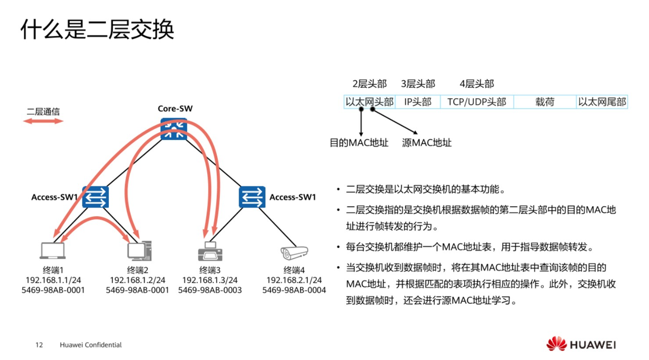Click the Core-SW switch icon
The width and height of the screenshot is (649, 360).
click(174, 130)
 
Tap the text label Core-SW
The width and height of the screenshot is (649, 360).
click(175, 109)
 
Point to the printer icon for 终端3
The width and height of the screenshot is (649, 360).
click(210, 251)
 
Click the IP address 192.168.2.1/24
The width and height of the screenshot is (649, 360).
click(294, 280)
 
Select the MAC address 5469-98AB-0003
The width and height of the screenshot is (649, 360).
click(210, 290)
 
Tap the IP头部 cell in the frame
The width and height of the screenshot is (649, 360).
click(418, 102)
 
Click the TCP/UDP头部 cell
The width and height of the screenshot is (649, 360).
click(476, 102)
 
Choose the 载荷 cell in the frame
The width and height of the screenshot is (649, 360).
click(545, 102)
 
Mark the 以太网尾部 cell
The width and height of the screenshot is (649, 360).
click(602, 102)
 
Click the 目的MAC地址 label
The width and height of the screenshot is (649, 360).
click(359, 143)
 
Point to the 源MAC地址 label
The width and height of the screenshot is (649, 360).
click(427, 143)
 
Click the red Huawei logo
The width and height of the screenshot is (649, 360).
click(556, 344)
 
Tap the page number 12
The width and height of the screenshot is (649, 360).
click(39, 345)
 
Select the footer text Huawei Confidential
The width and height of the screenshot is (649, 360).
click(91, 345)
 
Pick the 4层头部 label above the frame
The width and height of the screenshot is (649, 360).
click(476, 84)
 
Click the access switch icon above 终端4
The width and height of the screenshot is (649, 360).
click(252, 197)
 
